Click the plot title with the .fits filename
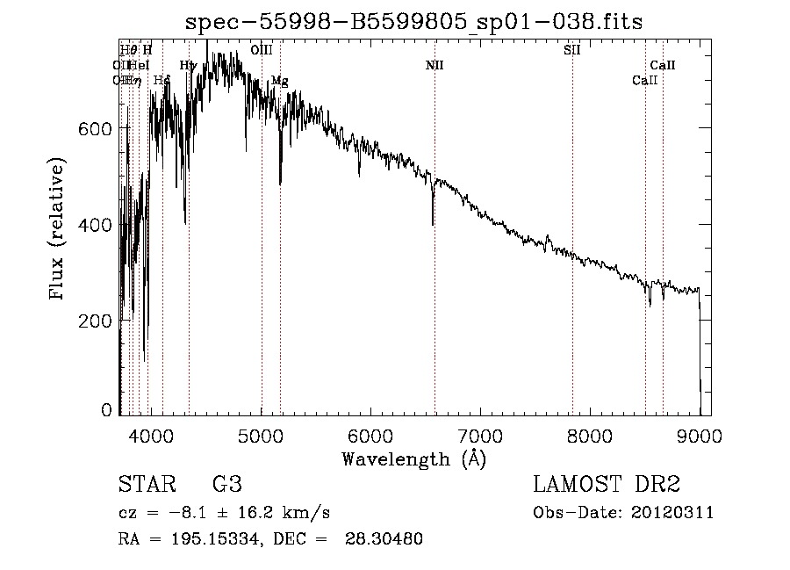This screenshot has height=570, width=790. [413, 23]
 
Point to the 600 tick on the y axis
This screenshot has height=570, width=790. [99, 129]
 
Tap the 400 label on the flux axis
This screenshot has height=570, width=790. [99, 225]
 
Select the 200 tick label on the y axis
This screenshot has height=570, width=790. [99, 321]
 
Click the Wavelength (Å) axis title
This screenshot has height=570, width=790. [413, 458]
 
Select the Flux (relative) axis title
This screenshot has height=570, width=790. [58, 230]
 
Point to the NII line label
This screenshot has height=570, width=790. [434, 65]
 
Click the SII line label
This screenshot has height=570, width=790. [571, 50]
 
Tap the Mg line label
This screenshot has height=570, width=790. [279, 81]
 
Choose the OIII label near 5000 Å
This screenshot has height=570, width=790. [261, 50]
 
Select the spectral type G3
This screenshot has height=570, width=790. [226, 485]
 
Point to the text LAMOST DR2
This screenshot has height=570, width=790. [606, 485]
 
